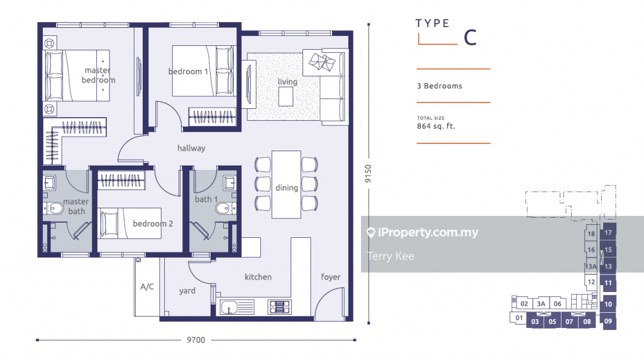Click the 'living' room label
(x=287, y=81)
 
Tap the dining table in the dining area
(x=286, y=184)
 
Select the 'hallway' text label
(x=191, y=148)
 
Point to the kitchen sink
(x=237, y=307)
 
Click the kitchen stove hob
(x=279, y=307)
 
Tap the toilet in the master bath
(x=53, y=208)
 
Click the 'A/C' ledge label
(x=147, y=286)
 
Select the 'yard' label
(x=187, y=291)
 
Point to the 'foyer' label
(x=331, y=277)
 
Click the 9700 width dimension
(x=196, y=340)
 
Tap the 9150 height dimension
(x=368, y=174)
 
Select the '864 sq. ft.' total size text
(x=436, y=126)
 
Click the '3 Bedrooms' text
(x=440, y=86)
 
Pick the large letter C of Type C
(x=470, y=38)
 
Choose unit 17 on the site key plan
(x=608, y=233)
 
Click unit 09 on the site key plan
(x=608, y=321)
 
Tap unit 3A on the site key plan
(x=541, y=304)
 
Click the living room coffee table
(x=286, y=97)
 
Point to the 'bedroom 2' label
(x=153, y=223)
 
